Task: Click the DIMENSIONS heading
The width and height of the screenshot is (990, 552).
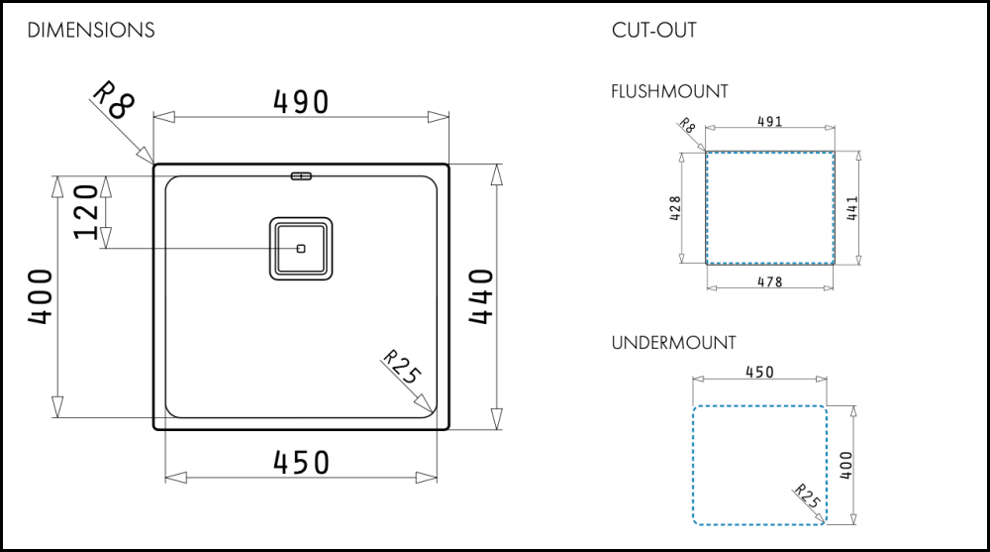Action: (x=91, y=31)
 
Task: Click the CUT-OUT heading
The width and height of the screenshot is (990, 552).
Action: (x=653, y=31)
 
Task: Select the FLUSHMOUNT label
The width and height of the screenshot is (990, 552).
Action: (x=669, y=92)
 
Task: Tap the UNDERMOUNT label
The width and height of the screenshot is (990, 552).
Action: (x=673, y=343)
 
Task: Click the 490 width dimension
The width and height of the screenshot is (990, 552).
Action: (x=300, y=101)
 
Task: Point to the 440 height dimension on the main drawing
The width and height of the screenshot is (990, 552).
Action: (x=480, y=297)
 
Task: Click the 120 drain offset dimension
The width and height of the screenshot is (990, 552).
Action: (x=86, y=211)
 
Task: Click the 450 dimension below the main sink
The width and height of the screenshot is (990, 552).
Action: (x=300, y=463)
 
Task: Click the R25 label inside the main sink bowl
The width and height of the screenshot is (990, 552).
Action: (x=401, y=367)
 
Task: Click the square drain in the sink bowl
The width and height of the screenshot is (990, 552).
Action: (x=301, y=246)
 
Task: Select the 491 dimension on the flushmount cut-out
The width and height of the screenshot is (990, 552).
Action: (x=769, y=122)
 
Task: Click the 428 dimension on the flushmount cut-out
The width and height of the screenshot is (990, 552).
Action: (x=675, y=209)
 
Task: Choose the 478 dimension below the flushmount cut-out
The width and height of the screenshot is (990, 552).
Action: (x=769, y=282)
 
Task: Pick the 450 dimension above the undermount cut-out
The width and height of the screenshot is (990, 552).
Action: (x=758, y=373)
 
